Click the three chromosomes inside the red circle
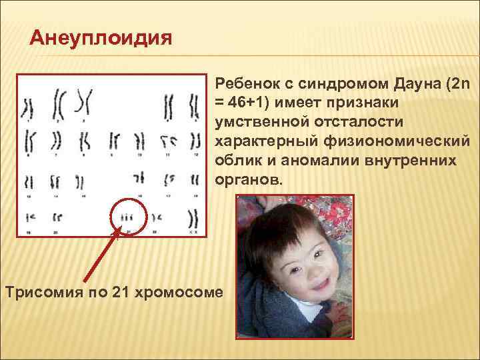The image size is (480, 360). (x=127, y=217)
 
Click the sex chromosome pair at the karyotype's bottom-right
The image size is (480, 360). (x=194, y=218)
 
